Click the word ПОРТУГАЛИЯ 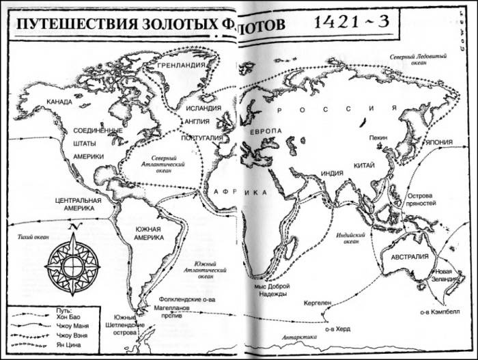click(x=203, y=137)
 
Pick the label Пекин click(x=378, y=138)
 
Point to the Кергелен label click(x=315, y=301)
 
